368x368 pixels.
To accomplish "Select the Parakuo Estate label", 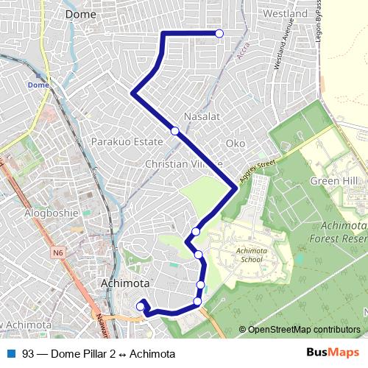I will point(122,141).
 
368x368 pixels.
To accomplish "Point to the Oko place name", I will point(236,143).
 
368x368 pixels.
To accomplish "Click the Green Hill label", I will point(334,181).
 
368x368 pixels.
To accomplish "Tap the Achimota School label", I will point(250,255).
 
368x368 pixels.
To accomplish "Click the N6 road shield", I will point(58,252).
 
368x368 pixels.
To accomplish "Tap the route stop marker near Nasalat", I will point(175,131).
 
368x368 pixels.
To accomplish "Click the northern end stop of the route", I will point(219,33).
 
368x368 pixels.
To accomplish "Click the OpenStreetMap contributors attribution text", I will point(303,329).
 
